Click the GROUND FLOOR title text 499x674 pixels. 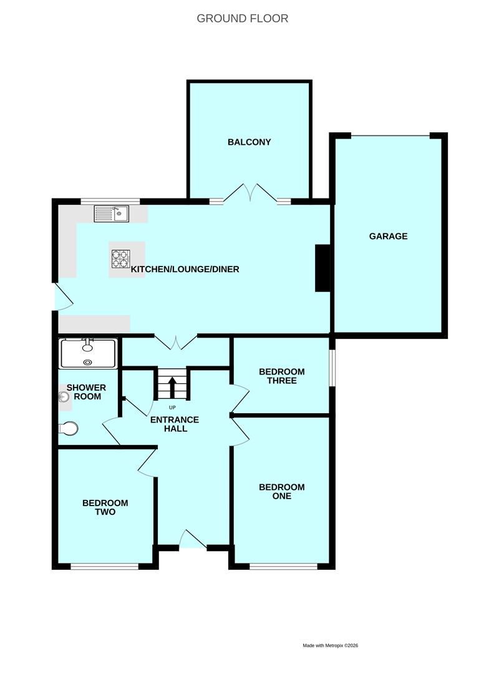click(243, 18)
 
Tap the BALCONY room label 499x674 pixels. click(249, 142)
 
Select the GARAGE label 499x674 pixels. click(388, 236)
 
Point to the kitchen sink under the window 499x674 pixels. click(111, 213)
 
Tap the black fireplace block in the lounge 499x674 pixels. click(322, 268)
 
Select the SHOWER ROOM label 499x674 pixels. click(87, 392)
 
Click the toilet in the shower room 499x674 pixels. click(69, 428)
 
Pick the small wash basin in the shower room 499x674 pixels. click(64, 397)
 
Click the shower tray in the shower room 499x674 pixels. click(87, 353)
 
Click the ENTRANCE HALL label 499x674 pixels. click(174, 424)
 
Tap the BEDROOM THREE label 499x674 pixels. click(282, 376)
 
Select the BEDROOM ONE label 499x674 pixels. click(282, 492)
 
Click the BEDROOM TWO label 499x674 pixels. click(105, 507)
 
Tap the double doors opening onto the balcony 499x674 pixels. click(251, 194)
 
